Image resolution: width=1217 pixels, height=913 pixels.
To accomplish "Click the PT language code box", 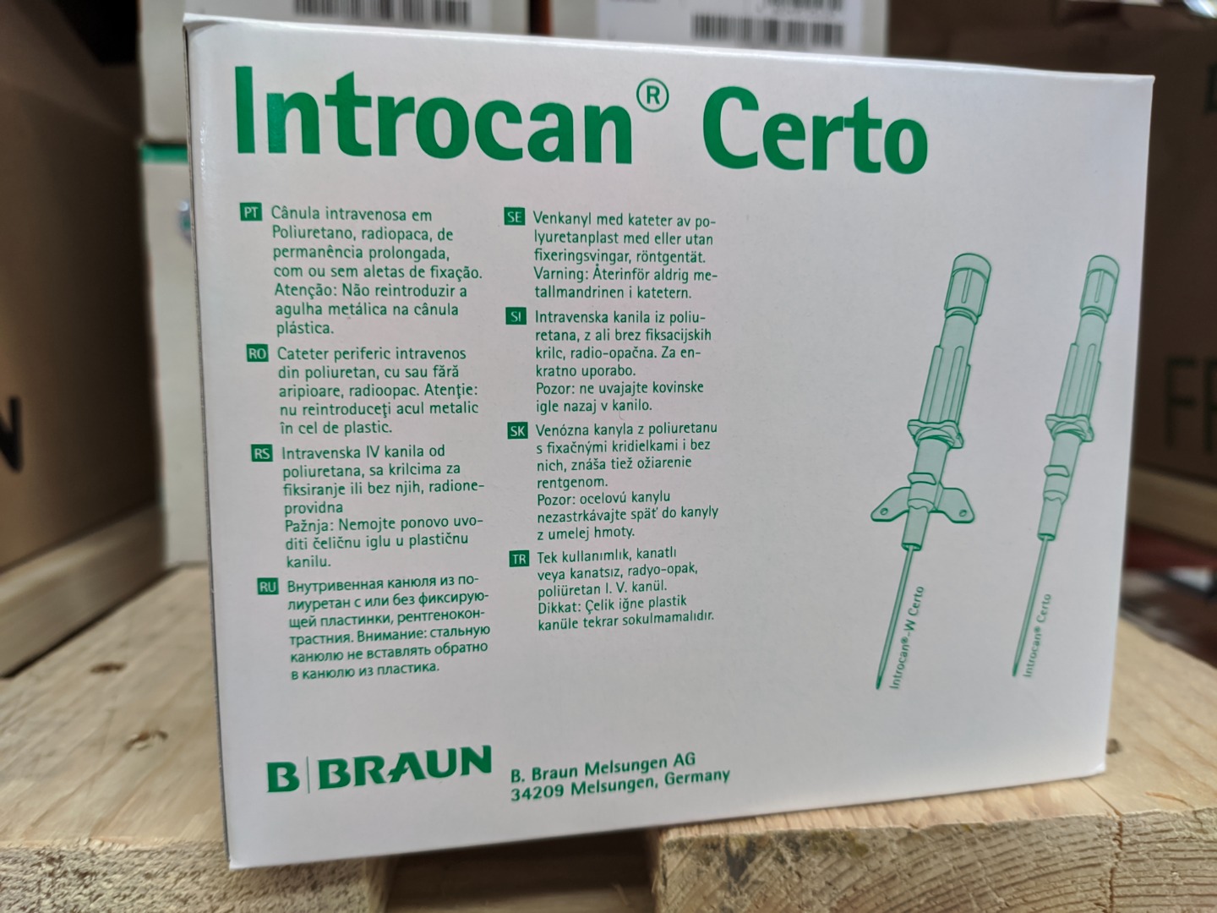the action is (x=251, y=213).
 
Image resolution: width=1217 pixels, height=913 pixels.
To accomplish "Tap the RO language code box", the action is (x=257, y=353).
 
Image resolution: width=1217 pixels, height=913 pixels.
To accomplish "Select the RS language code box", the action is (x=262, y=453).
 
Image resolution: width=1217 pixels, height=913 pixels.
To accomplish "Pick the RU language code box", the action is (x=268, y=587).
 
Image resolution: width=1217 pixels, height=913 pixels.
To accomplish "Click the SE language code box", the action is (x=514, y=216).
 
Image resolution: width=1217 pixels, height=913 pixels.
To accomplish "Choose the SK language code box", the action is (x=518, y=430).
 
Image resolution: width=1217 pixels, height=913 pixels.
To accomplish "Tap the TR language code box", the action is (x=519, y=559).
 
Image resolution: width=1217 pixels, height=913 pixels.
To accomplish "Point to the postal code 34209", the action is (x=537, y=793).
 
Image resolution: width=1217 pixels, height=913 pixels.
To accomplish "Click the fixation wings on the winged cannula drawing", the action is (x=921, y=506).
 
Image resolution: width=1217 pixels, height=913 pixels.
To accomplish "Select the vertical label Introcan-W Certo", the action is (x=907, y=638).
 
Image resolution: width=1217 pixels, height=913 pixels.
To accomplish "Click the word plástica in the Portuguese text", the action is (x=305, y=329).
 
